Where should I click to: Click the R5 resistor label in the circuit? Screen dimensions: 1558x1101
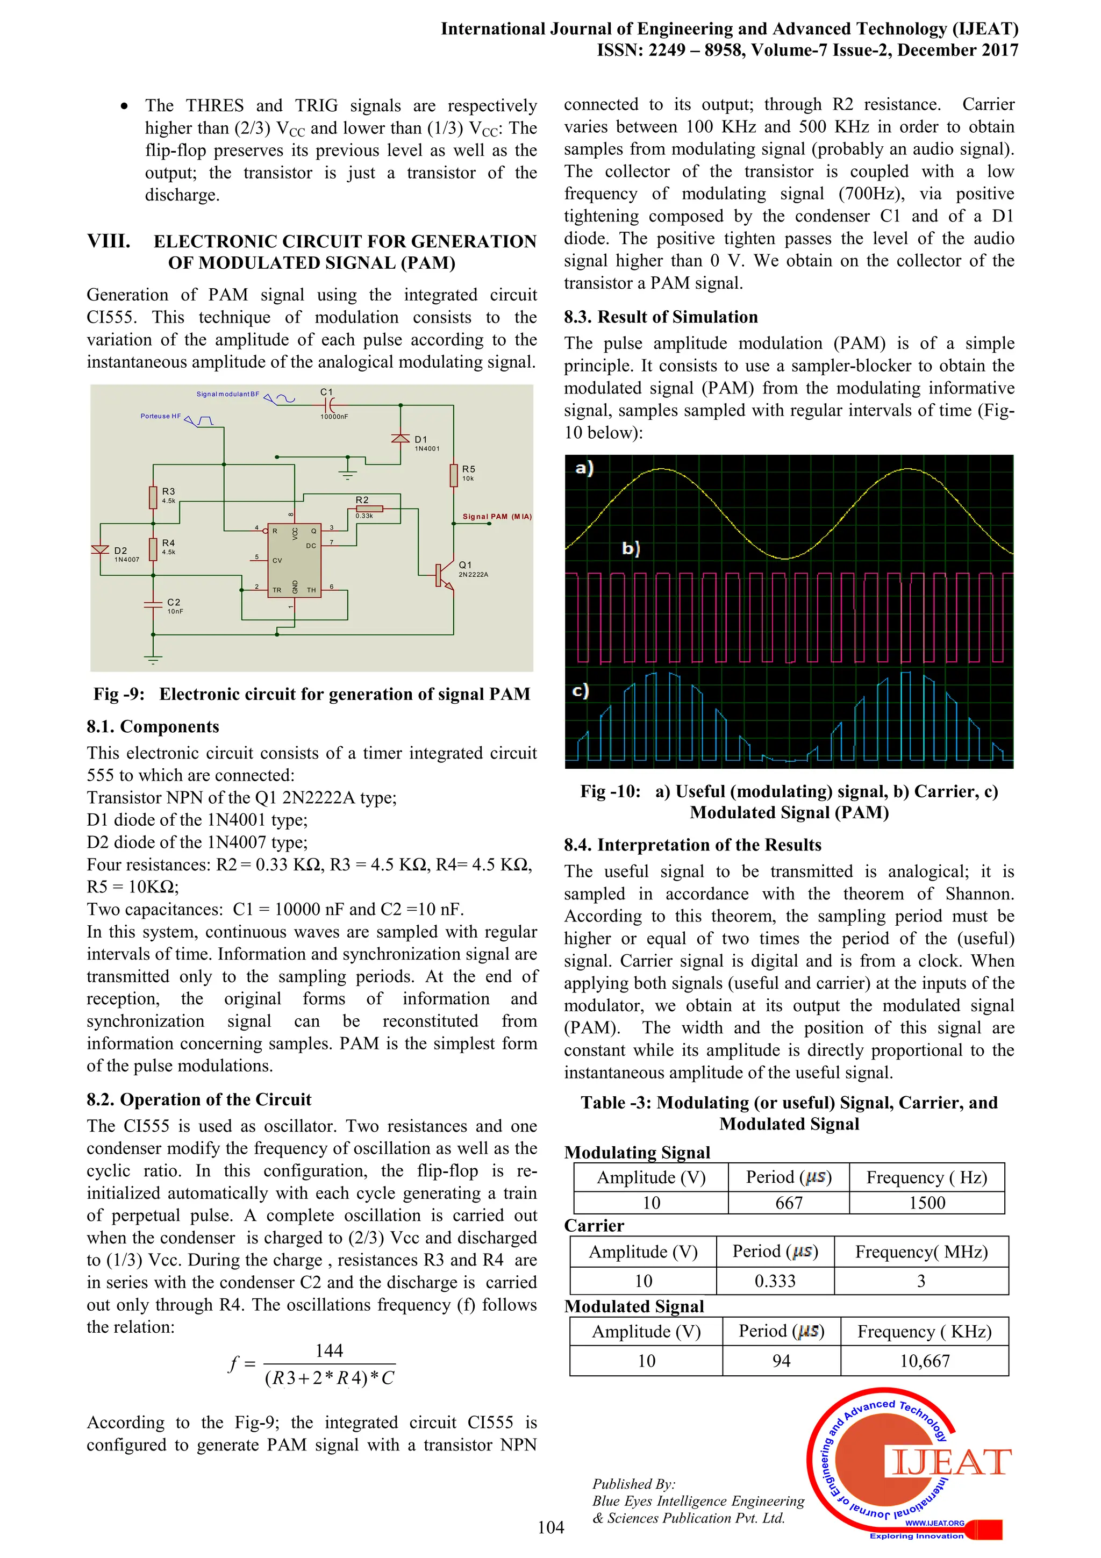(468, 469)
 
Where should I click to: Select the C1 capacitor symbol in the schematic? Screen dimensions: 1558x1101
(329, 405)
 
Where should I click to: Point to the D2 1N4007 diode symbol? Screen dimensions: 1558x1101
(101, 549)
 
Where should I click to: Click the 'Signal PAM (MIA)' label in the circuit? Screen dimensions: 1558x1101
(497, 517)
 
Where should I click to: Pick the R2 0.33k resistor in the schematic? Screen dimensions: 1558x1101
(369, 508)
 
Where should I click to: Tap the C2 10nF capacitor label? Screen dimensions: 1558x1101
(174, 605)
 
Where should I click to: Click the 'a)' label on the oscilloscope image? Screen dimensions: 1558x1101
(584, 468)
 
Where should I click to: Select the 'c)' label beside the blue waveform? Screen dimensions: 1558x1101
(581, 690)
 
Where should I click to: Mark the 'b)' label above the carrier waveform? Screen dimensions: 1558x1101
(631, 548)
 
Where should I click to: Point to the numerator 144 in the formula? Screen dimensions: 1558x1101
(329, 1350)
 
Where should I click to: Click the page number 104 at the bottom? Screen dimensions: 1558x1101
(550, 1527)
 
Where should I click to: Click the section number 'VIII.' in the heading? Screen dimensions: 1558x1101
(109, 241)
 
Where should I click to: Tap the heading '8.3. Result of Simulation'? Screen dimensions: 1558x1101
(661, 317)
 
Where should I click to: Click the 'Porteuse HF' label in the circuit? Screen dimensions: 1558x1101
(161, 416)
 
